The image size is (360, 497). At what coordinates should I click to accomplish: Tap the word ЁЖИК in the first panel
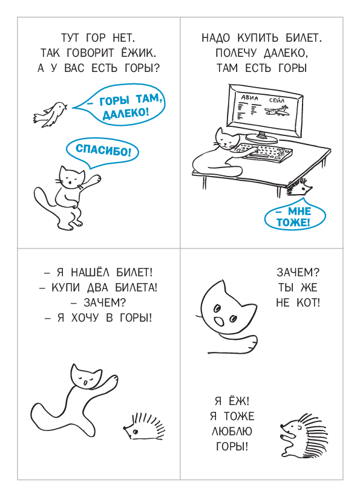coord(139,53)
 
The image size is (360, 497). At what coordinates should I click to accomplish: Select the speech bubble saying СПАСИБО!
coord(102,152)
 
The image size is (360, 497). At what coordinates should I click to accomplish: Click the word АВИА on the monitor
coord(250,98)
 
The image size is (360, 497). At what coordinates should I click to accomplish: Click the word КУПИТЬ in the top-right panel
coord(258,38)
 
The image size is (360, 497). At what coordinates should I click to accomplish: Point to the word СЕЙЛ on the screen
coord(277,100)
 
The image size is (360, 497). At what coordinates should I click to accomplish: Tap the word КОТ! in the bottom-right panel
coord(308,302)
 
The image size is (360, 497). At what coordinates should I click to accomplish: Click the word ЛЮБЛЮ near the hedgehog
coord(232,431)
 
